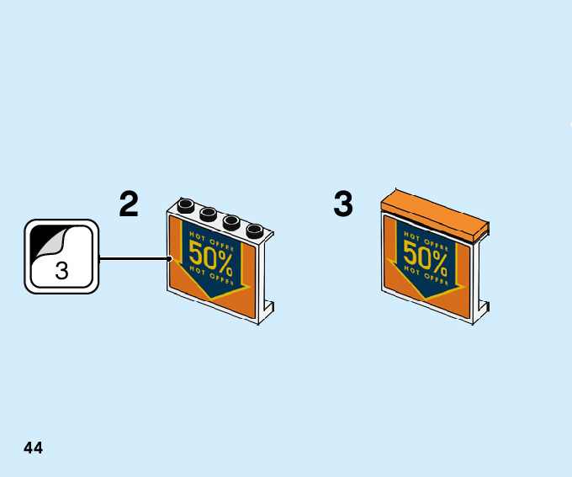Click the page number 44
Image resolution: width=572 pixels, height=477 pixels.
(x=33, y=448)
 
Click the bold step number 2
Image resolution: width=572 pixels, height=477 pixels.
(x=129, y=204)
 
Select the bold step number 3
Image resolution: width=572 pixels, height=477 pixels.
(x=343, y=204)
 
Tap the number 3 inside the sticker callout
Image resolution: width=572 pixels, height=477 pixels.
(x=61, y=272)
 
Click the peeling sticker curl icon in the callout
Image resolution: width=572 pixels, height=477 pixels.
(x=49, y=244)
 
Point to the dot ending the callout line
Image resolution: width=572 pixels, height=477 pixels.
(x=170, y=258)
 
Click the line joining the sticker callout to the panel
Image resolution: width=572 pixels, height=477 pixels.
(x=135, y=258)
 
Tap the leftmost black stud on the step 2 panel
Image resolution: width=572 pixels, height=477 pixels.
(x=187, y=205)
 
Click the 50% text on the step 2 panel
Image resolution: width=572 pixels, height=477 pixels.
(x=210, y=254)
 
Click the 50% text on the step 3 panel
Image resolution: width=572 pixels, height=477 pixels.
(x=425, y=253)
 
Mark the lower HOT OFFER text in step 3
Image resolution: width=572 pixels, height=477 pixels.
(x=426, y=273)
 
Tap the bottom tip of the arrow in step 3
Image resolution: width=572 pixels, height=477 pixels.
(x=426, y=299)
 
